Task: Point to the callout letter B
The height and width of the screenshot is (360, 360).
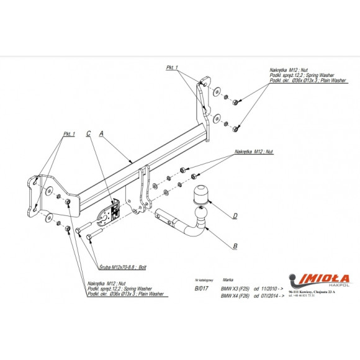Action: [235, 247]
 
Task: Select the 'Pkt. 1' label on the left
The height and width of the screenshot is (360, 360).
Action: [69, 134]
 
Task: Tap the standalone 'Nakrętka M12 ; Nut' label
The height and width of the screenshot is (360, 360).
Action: [255, 151]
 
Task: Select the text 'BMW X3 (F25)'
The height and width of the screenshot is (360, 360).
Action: [235, 289]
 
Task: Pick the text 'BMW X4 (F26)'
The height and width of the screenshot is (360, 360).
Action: [235, 296]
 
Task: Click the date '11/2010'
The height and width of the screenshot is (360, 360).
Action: [272, 289]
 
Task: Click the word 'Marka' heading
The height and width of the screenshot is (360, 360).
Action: [228, 280]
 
